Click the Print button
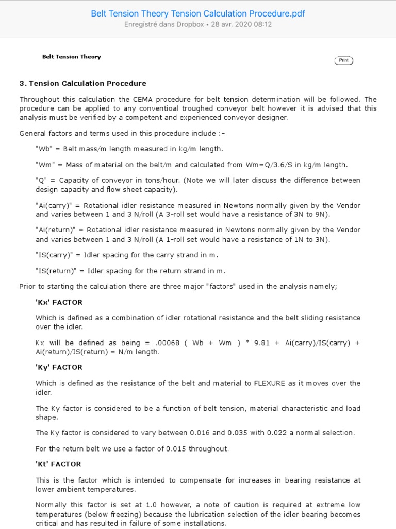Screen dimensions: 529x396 pyautogui.click(x=344, y=60)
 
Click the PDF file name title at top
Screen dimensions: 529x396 pyautogui.click(x=198, y=13)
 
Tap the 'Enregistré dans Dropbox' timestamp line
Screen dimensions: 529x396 pyautogui.click(x=198, y=24)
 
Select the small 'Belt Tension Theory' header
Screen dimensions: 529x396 pyautogui.click(x=72, y=57)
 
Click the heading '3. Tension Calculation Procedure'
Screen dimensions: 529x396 pyautogui.click(x=82, y=83)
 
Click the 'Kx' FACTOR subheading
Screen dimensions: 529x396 pyautogui.click(x=59, y=302)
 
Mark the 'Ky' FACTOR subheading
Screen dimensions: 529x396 pyautogui.click(x=59, y=367)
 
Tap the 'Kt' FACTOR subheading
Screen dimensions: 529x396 pyautogui.click(x=58, y=464)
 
